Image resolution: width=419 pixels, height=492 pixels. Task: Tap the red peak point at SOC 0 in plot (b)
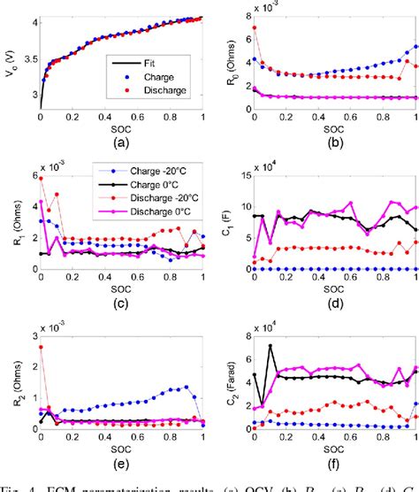pos(255,27)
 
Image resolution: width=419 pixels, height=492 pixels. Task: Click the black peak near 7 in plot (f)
pos(270,346)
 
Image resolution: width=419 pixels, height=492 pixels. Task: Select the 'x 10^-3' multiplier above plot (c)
pos(56,165)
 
